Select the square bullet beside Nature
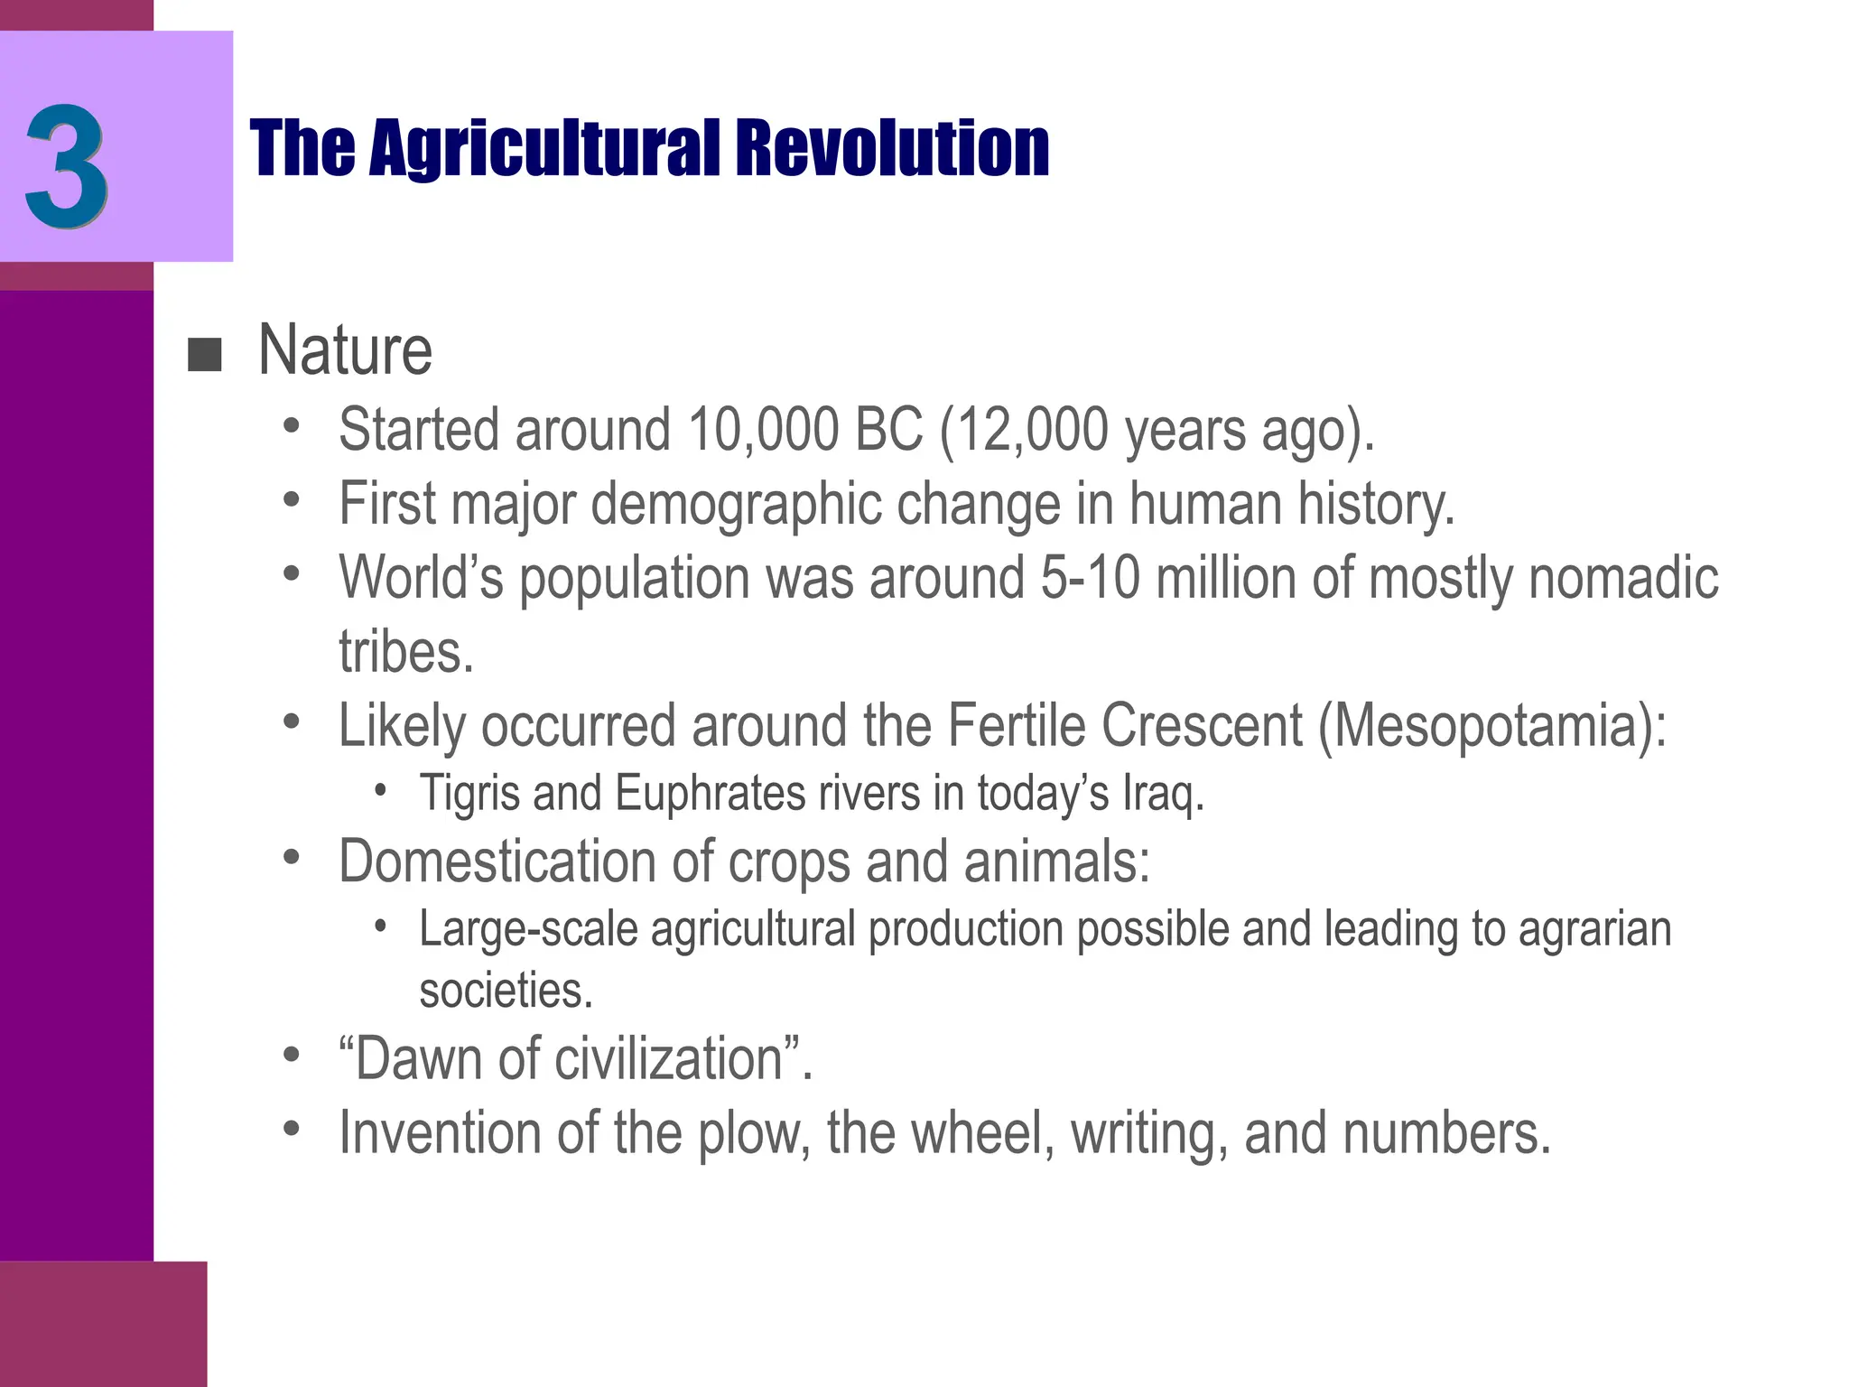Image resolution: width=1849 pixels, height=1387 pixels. click(205, 355)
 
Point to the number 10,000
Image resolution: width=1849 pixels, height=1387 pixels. click(763, 429)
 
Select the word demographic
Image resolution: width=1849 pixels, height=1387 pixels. click(736, 504)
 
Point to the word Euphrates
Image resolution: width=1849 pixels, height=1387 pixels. click(711, 794)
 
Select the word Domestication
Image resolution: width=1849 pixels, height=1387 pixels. click(497, 861)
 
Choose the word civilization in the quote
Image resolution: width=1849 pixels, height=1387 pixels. click(669, 1058)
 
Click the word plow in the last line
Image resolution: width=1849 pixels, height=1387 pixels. click(748, 1133)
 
